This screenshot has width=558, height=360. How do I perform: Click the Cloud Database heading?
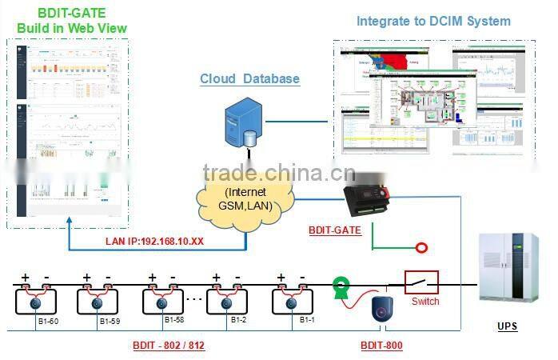249,78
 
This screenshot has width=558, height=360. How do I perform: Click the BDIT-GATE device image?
369,198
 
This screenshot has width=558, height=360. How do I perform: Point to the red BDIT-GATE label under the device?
335,230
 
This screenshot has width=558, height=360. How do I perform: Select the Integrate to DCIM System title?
433,21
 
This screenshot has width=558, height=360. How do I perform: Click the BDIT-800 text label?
381,346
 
